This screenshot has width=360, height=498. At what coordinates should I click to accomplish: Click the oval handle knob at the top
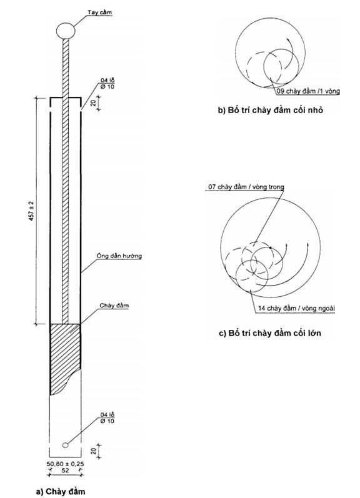[66, 31]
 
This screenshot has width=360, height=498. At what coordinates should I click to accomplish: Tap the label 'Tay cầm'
[100, 12]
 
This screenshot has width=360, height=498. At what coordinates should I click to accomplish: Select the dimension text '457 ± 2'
[32, 211]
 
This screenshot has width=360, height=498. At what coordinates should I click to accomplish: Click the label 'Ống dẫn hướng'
[119, 256]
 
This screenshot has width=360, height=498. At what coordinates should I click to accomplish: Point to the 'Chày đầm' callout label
[114, 306]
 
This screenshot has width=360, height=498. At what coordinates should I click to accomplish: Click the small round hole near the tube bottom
[65, 445]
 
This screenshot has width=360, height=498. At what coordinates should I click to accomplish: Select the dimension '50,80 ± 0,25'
[66, 464]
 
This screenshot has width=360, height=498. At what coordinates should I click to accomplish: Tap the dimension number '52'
[65, 471]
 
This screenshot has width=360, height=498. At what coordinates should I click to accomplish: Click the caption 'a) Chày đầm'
[61, 491]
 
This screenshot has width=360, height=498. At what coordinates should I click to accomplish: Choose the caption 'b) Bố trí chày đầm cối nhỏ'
[271, 110]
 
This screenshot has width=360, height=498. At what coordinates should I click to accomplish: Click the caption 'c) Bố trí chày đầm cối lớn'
[270, 333]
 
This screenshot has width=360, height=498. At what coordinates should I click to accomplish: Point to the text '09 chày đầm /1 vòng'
[308, 91]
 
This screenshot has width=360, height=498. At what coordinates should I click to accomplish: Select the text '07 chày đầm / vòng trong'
[246, 187]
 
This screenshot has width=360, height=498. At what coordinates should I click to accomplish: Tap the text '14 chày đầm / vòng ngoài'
[296, 308]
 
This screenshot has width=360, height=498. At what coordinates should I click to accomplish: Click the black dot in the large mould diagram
[270, 247]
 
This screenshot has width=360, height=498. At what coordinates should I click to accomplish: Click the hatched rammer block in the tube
[65, 356]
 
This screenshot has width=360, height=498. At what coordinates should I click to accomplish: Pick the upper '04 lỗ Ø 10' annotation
[107, 84]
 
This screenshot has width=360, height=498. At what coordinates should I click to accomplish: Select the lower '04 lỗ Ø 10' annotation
[107, 418]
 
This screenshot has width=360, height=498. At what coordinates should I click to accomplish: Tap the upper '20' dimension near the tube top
[92, 104]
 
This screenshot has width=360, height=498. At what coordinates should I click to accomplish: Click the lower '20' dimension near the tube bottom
[93, 451]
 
